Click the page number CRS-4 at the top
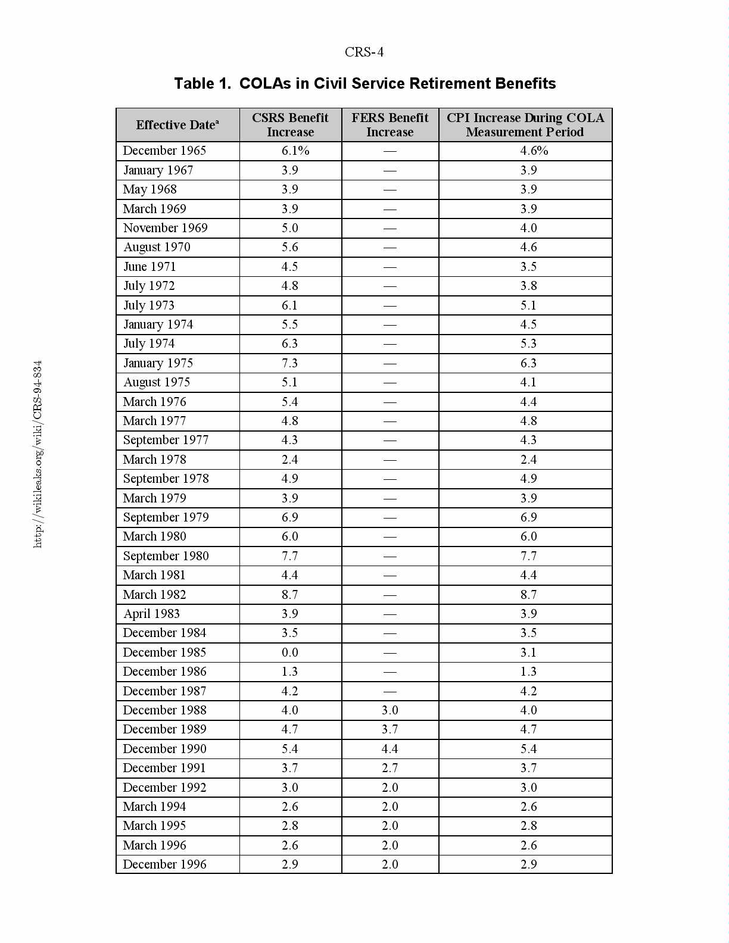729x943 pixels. pos(364,52)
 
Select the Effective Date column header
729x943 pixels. pos(177,125)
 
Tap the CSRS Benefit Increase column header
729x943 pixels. pos(290,125)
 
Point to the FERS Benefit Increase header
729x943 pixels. pos(390,125)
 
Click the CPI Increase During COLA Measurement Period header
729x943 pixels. pos(525,125)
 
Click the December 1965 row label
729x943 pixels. pos(164,151)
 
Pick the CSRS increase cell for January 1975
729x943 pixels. pos(290,363)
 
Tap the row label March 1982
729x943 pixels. pos(154,595)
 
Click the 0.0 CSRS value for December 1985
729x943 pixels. pos(290,652)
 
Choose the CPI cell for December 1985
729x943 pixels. pos(528,652)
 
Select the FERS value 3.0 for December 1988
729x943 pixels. pos(390,710)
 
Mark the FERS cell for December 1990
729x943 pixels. pos(390,749)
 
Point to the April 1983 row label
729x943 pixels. pos(151,614)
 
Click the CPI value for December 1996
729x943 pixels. pos(528,864)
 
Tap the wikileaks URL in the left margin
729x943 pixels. pos(38,454)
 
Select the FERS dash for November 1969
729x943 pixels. pos(390,228)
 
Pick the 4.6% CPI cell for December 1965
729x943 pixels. pos(534,151)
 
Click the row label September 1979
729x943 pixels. pos(166,517)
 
